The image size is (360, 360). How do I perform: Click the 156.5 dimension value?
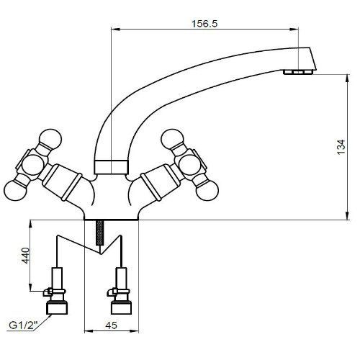pos(204,24)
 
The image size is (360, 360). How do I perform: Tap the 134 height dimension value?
pos(341,147)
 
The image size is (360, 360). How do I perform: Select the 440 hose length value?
pos(25,256)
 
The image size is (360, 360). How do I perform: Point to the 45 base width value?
pos(112,325)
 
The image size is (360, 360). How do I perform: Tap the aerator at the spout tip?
pos(297,72)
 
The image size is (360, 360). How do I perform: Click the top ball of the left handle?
pos(50,140)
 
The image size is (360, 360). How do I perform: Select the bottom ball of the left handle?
pos(15,190)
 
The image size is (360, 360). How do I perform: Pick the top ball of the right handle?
pos(172,140)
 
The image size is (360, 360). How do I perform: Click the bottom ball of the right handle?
pos(207,189)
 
